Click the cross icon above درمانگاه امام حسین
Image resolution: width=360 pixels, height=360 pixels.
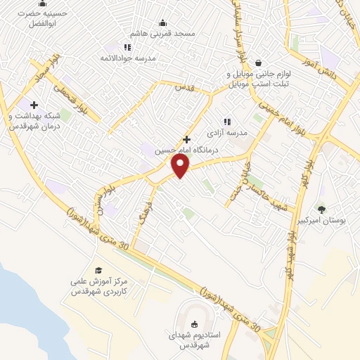click(186, 139)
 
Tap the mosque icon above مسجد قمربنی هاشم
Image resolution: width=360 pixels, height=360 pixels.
click(163, 22)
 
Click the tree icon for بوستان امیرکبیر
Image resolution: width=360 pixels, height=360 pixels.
click(321, 209)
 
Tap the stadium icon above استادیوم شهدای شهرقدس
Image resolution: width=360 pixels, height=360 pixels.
click(195, 323)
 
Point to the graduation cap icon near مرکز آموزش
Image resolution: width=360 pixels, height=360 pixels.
click(98, 270)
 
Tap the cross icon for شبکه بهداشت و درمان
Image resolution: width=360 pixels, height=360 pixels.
click(34, 105)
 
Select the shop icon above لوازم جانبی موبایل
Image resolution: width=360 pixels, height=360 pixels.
click(259, 62)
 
